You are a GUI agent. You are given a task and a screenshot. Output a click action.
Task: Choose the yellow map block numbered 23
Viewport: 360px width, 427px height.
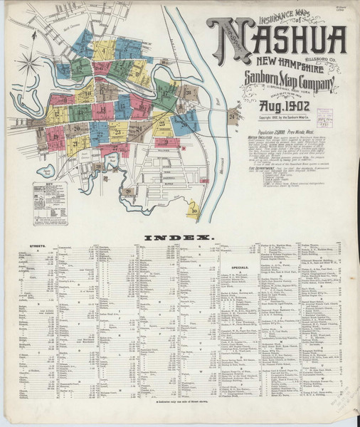click(118, 132)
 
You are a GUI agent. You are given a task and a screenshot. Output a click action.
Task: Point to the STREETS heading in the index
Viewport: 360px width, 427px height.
click(35, 247)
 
